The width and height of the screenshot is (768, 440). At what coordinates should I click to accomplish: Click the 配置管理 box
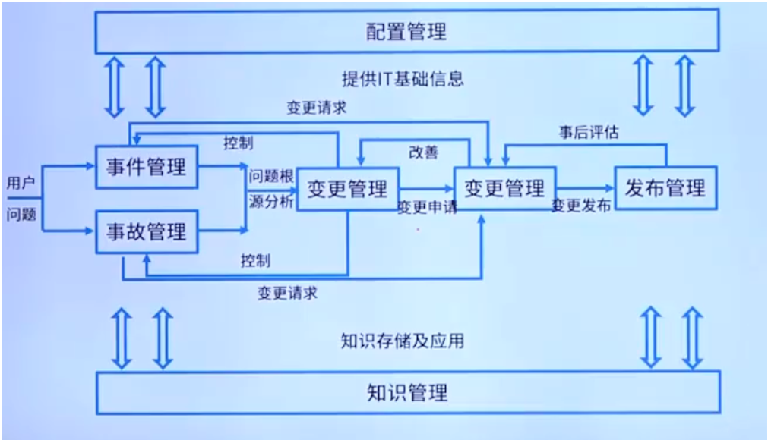coord(407,31)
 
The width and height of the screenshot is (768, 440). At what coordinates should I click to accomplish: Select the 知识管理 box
coord(407,392)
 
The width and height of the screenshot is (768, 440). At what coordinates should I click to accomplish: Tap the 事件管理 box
coord(146,166)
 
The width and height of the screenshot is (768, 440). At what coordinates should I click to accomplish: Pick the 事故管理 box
coord(146,231)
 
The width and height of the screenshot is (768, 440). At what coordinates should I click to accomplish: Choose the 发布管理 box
coord(665,187)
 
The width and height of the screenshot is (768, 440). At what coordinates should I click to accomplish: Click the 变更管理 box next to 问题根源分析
coord(347,188)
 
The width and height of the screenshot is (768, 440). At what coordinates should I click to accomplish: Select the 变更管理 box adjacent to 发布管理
coord(504,187)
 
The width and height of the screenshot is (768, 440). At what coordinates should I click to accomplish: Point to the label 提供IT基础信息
coord(403,78)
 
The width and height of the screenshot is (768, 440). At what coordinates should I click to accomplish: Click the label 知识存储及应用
coord(403,341)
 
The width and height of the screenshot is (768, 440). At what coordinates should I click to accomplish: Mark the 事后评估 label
coord(589,132)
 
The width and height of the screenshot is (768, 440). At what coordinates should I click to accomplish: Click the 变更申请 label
coord(427,207)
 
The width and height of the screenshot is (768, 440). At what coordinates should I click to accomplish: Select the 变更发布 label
coord(581,206)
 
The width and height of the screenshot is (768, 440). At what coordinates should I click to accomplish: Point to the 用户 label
coord(21,183)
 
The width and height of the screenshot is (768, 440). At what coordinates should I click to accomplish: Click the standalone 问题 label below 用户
coord(21,214)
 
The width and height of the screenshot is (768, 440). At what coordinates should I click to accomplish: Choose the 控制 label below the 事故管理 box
coord(256,260)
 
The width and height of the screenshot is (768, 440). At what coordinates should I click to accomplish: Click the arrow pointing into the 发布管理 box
coord(605,188)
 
